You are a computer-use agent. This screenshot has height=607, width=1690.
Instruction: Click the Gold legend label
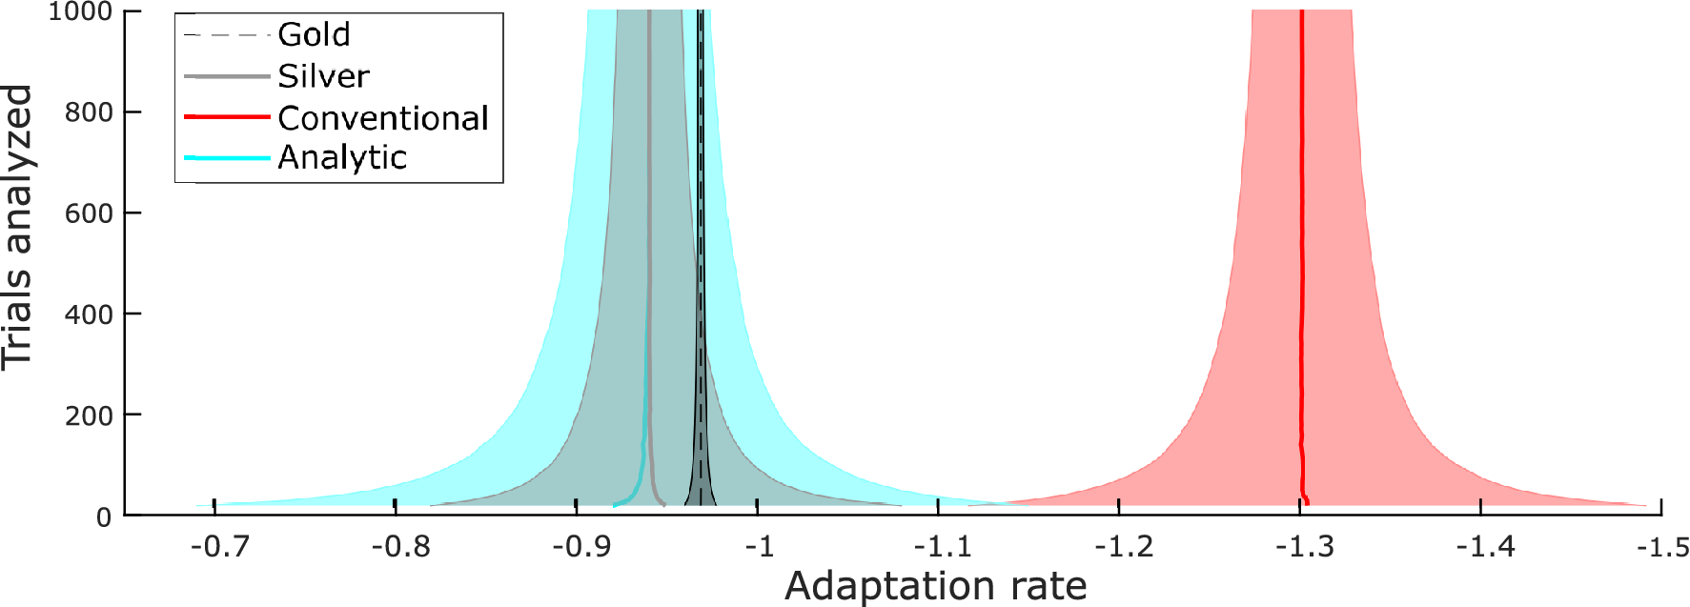(x=314, y=35)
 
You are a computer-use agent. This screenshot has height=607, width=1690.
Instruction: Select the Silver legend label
(x=323, y=76)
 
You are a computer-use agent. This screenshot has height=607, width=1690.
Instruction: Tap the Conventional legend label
(x=383, y=118)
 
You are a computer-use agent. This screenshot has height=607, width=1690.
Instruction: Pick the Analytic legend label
(x=342, y=157)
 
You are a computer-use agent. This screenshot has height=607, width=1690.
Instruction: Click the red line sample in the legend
(x=227, y=117)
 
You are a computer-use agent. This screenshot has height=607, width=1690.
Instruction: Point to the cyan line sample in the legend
(x=227, y=157)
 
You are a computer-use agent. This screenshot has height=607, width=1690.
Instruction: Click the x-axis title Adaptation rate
(x=935, y=586)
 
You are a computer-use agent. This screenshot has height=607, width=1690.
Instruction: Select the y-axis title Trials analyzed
(x=17, y=227)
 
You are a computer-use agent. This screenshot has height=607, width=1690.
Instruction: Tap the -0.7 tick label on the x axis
(x=220, y=547)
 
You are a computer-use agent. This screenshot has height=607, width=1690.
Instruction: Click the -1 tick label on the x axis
(x=759, y=547)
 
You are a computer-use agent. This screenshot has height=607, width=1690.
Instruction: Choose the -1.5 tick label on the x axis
(x=1663, y=547)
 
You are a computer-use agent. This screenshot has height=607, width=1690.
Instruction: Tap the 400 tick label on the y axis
(x=89, y=314)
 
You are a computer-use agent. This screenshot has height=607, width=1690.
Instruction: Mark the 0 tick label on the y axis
(x=104, y=517)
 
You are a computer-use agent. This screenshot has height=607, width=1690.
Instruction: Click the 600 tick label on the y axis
(x=89, y=213)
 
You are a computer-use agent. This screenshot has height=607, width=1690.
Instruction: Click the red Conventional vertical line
(x=1301, y=238)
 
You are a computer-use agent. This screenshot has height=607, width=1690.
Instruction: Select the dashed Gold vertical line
(x=701, y=238)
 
